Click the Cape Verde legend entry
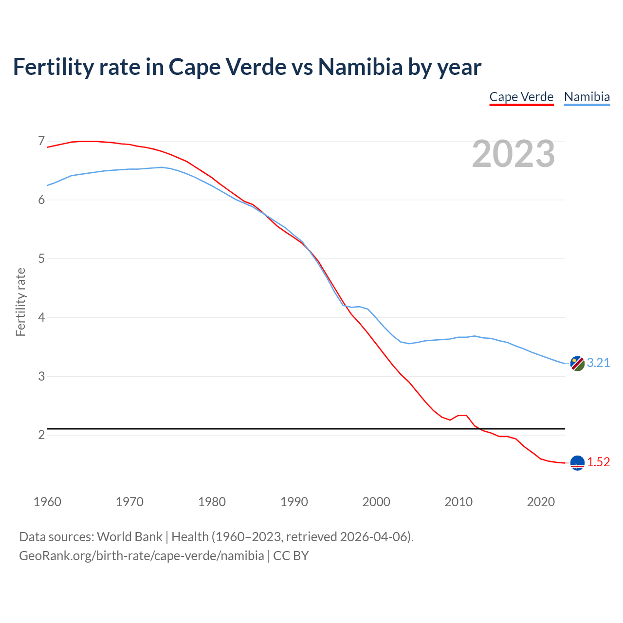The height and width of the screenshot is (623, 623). [x=521, y=97]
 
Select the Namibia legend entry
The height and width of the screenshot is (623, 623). [x=586, y=97]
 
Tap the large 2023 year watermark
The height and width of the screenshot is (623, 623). [x=513, y=154]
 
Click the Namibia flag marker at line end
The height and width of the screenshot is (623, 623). [x=577, y=363]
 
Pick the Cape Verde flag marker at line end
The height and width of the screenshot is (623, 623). [x=577, y=463]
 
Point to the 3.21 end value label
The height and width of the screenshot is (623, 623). [x=598, y=363]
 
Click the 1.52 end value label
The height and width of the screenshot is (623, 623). [x=598, y=462]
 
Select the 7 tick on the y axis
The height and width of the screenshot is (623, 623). [x=41, y=141]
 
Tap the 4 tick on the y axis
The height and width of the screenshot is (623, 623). [x=41, y=317]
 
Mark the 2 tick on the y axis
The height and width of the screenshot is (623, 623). [x=41, y=435]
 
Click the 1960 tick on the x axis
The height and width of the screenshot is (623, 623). [x=47, y=502]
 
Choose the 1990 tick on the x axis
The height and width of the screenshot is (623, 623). [x=294, y=502]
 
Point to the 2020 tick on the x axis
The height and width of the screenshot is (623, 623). [x=541, y=502]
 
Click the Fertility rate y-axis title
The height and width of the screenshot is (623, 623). [x=20, y=302]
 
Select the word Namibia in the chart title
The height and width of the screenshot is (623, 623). [x=360, y=67]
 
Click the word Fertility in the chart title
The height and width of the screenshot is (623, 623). [x=53, y=67]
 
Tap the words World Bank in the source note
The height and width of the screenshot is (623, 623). [x=129, y=537]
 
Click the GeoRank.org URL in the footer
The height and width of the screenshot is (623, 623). [x=141, y=556]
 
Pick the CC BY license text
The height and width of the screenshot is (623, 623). [x=291, y=556]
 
